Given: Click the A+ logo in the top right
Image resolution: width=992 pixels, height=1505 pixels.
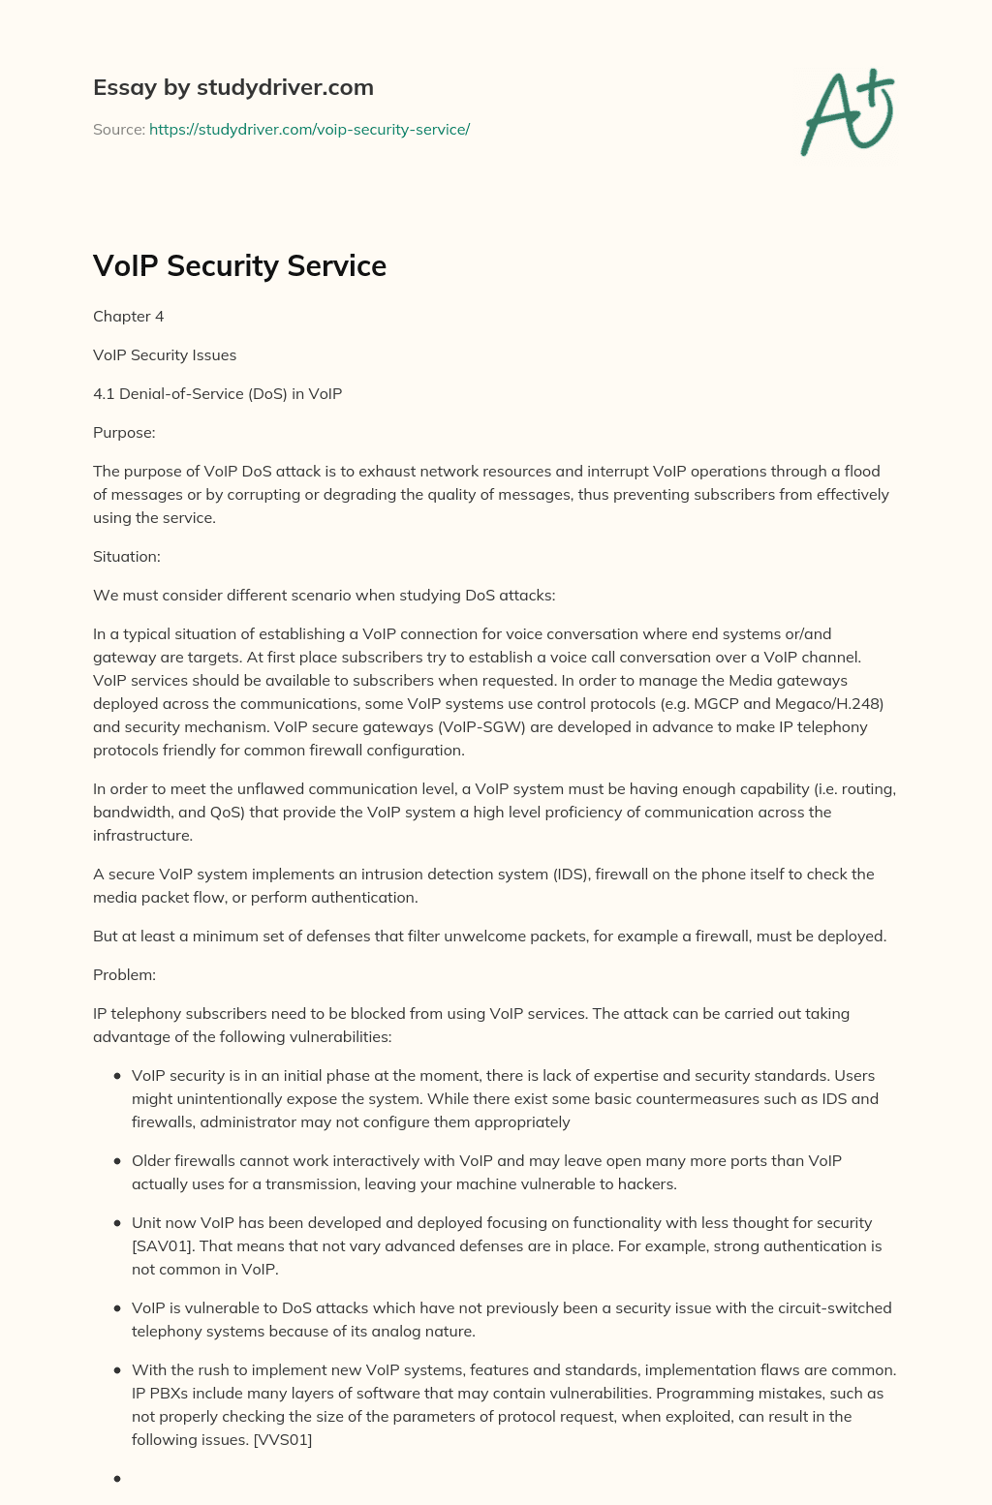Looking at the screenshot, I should tap(848, 112).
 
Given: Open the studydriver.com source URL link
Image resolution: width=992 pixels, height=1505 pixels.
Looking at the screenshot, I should tap(309, 129).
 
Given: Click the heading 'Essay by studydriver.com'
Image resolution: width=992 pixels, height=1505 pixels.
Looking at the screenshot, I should tap(232, 87).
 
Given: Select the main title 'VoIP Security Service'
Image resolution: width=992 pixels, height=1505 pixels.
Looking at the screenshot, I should tap(239, 265).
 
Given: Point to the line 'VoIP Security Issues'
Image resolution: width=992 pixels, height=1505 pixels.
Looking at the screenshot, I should tap(165, 355).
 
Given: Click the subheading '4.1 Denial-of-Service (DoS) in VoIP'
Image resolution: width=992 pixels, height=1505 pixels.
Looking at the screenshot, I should tap(217, 394).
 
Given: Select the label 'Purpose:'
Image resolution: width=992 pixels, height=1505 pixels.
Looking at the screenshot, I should tap(124, 433).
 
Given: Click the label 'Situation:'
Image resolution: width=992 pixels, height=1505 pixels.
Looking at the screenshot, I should tap(127, 557).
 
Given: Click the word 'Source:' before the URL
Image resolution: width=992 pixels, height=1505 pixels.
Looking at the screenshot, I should tap(118, 129).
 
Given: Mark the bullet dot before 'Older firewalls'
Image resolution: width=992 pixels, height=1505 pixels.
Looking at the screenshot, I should tap(117, 1161).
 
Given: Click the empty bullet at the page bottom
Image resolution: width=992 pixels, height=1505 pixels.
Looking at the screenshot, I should tap(117, 1479).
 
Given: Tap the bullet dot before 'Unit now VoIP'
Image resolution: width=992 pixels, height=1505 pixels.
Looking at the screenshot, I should tap(117, 1223).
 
